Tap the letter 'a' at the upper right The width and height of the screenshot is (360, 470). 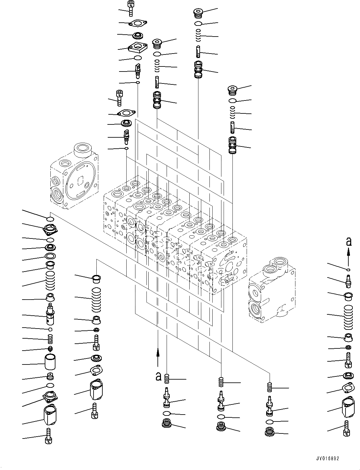[348, 242]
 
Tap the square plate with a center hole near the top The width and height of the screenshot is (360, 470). [138, 47]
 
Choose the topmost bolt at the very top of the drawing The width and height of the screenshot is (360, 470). [130, 8]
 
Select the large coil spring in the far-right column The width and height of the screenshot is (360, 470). [348, 316]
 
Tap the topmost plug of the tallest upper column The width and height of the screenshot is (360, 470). [198, 14]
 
